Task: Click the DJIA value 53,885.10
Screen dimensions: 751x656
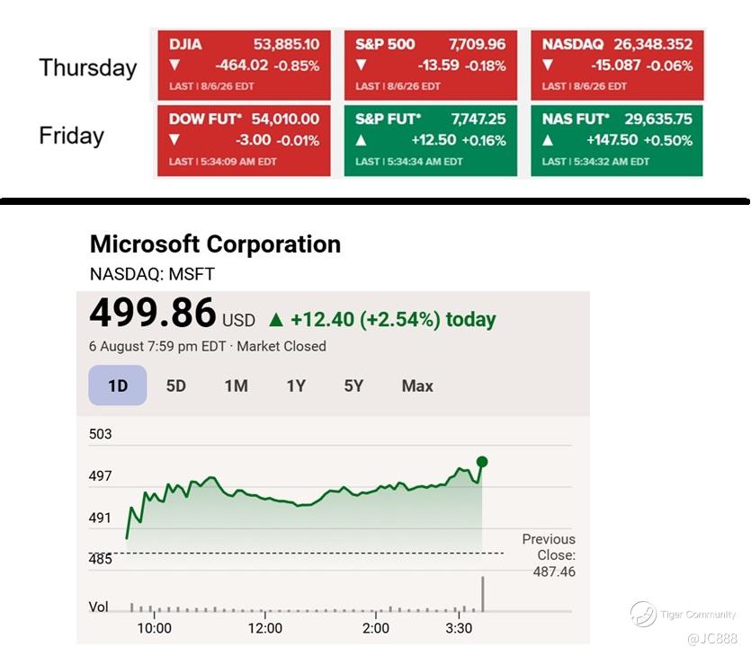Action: [x=286, y=44]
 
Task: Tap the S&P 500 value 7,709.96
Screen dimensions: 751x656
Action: [x=477, y=44]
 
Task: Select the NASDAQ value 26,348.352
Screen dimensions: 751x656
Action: [x=653, y=44]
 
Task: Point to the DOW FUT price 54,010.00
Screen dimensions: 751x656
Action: [x=285, y=119]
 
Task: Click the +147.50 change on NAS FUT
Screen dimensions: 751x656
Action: [x=612, y=139]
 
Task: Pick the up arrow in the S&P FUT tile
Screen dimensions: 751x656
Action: [x=362, y=140]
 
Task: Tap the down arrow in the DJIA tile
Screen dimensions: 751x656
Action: [x=174, y=65]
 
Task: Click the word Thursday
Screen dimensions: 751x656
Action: [x=88, y=67]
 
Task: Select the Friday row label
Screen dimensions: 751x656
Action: [x=71, y=136]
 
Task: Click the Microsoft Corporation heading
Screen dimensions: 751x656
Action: [x=215, y=244]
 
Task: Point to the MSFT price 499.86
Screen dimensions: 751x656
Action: [x=153, y=313]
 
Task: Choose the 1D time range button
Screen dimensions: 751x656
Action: [x=118, y=386]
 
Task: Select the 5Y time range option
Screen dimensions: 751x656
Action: [x=353, y=386]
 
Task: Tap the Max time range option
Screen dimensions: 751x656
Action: [x=417, y=386]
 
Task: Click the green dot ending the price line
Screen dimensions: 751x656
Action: [x=482, y=462]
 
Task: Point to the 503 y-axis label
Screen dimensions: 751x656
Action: [x=100, y=434]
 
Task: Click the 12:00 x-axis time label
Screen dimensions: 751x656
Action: [x=264, y=628]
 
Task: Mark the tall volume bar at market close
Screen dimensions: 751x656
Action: [x=483, y=594]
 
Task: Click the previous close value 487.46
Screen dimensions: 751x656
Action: [x=554, y=572]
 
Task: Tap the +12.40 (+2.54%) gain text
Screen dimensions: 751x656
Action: [x=365, y=319]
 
